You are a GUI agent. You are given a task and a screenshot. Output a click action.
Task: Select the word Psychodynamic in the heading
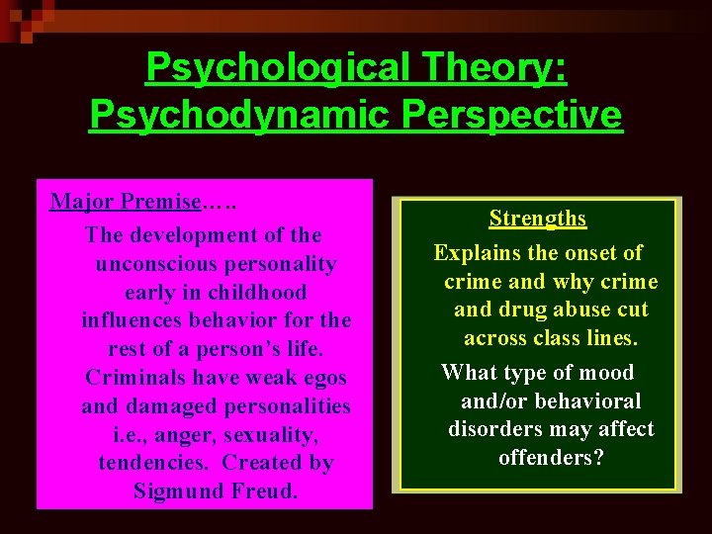point(222,115)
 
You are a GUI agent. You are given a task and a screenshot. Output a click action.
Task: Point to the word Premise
point(160,202)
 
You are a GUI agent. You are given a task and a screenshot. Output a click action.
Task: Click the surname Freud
point(266,491)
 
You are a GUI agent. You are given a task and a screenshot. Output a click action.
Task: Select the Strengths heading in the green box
point(537,219)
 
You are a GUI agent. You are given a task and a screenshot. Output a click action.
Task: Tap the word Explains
point(476,253)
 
